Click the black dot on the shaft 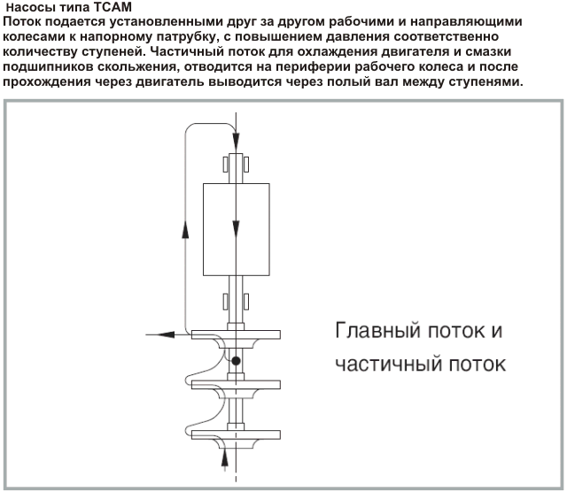[236, 360]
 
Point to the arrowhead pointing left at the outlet [166, 334]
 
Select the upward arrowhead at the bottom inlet [225, 457]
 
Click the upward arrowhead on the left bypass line [185, 228]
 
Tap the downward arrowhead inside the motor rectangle [236, 228]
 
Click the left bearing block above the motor [225, 165]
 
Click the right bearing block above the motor [246, 165]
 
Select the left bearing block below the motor [225, 302]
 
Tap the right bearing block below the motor [246, 302]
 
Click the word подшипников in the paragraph [47, 67]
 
